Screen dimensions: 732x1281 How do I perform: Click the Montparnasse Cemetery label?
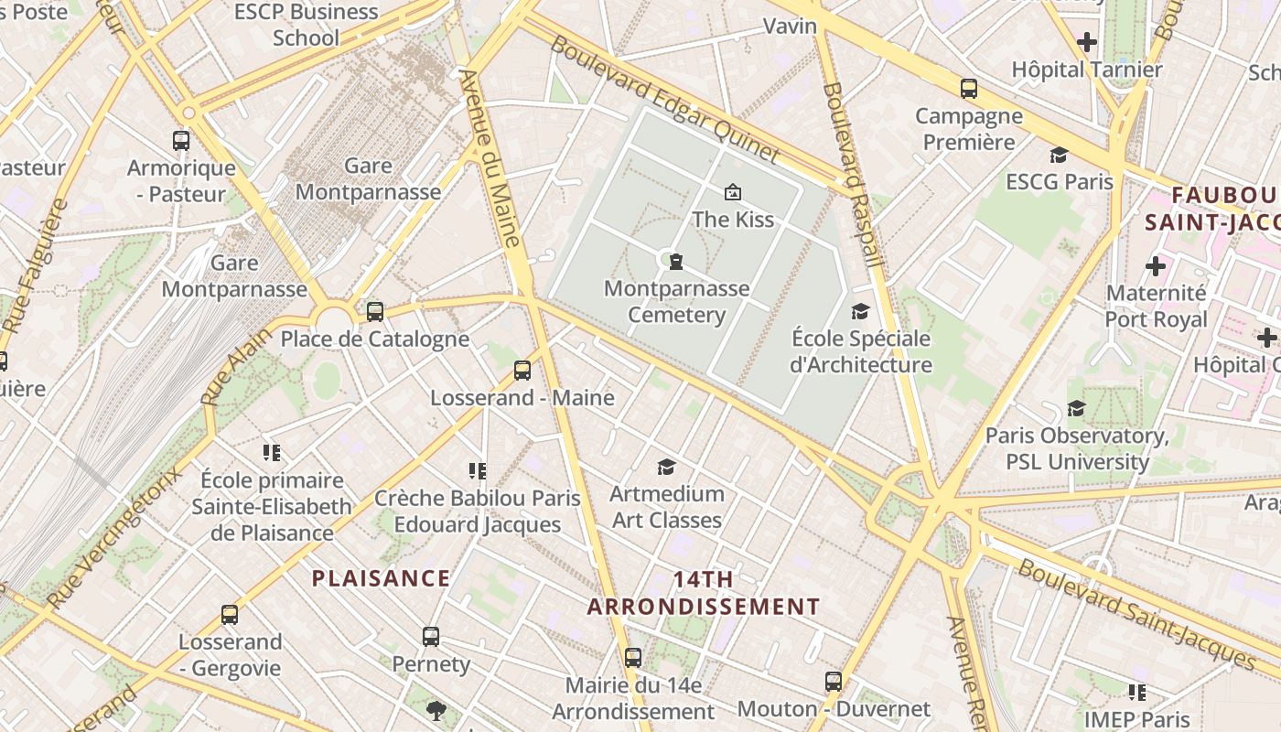[676, 302]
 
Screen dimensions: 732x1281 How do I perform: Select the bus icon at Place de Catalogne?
[375, 311]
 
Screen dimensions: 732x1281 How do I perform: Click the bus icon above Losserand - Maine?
[522, 371]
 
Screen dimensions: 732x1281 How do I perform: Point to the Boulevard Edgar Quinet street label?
[664, 100]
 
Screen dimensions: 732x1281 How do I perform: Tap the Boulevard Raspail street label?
[855, 174]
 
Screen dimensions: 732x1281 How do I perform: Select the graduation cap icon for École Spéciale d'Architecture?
[860, 311]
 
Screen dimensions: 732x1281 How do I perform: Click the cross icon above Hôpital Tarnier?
[1087, 42]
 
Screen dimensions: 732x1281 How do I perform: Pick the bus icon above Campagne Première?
[969, 89]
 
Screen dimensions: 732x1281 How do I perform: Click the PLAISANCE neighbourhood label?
[381, 578]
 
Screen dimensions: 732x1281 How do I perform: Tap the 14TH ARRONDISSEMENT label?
[703, 593]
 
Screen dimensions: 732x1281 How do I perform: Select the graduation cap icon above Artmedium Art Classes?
[666, 468]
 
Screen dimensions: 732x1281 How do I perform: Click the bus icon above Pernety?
[431, 637]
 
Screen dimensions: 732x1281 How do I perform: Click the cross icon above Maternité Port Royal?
[1156, 266]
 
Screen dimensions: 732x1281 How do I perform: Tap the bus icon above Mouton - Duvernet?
[834, 682]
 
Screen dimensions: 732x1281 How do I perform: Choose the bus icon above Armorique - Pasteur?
[181, 141]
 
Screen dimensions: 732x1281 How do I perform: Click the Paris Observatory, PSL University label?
[1077, 448]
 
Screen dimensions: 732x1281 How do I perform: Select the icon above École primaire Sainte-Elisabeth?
[271, 453]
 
